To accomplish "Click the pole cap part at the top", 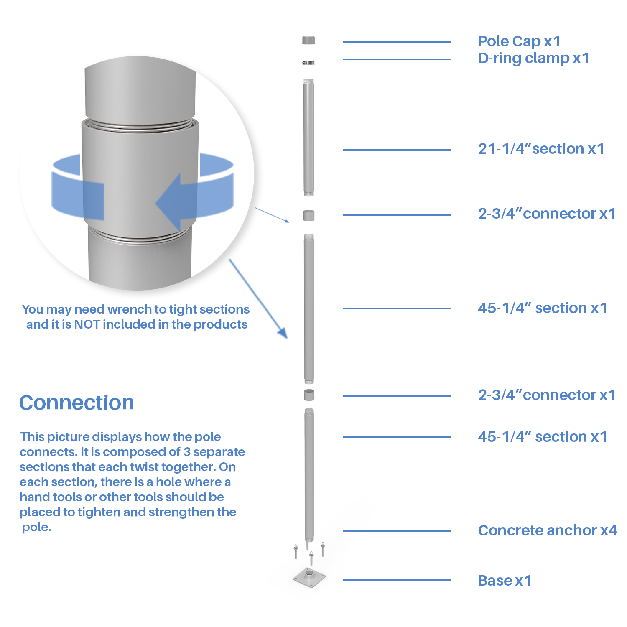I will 308,40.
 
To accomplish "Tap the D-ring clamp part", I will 308,63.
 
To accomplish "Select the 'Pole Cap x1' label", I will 519,41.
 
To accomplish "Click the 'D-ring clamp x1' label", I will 533,58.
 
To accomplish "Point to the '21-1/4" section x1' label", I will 541,149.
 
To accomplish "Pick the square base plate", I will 309,577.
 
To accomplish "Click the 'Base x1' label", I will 505,581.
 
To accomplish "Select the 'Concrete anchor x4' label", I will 547,530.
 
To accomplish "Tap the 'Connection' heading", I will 76,403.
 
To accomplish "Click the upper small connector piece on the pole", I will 309,215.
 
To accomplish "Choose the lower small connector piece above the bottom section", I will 309,395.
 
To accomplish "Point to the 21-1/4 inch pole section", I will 308,138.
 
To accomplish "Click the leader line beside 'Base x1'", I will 397,580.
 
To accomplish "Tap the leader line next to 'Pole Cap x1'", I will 397,42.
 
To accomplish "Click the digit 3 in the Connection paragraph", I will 187,452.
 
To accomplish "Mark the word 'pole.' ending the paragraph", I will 37,527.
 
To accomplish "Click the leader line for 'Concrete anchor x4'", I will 397,531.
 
